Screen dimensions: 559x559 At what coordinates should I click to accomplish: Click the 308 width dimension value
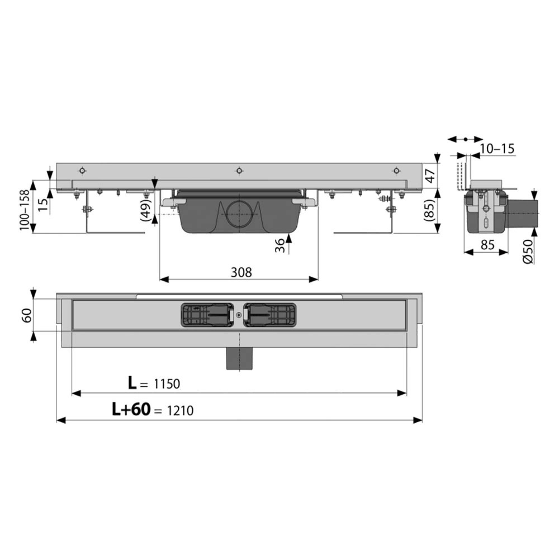coord(241,272)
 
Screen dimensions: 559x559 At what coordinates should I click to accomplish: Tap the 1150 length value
coord(167,384)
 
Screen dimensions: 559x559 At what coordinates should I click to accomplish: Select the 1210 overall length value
coord(180,411)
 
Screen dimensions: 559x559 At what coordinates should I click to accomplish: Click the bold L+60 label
coord(131,409)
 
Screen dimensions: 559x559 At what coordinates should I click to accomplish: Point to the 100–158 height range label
coord(25,210)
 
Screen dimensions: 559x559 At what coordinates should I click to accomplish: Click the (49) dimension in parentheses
coord(146,210)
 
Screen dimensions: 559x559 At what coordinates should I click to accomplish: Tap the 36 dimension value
coord(281,245)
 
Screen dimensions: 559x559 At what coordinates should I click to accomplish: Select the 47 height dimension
coord(430,176)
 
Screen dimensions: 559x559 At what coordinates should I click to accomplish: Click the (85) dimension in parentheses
coord(430,211)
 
